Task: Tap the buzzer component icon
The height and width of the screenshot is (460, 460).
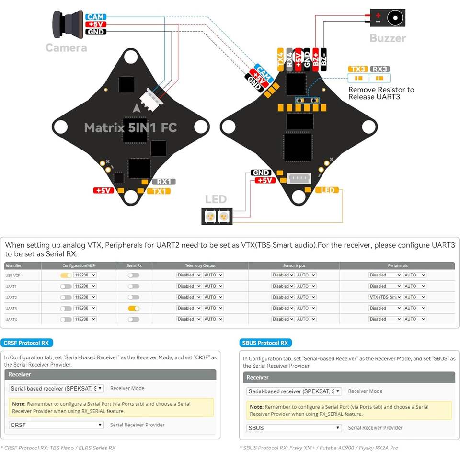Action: pos(387,18)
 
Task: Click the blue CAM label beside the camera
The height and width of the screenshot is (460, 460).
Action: pos(96,17)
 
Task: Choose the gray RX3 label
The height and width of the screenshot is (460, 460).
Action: pos(380,69)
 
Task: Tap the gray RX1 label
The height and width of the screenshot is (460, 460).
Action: pos(163,182)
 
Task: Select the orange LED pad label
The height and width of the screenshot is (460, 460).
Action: pos(328,190)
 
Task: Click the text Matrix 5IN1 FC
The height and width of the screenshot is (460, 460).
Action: pos(130,127)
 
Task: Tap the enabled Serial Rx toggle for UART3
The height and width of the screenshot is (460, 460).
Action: pos(134,308)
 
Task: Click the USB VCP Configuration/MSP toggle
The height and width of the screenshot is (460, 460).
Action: pos(66,275)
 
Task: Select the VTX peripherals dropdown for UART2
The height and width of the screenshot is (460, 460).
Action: pos(385,297)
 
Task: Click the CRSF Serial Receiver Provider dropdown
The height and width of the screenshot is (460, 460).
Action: pos(56,425)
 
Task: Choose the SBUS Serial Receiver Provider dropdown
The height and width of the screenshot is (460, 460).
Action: pos(294,428)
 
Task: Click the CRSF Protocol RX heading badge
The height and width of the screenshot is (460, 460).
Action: pos(26,343)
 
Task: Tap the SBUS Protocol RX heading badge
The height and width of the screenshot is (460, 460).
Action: pos(265,343)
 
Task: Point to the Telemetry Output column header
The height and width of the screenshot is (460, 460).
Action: pos(200,265)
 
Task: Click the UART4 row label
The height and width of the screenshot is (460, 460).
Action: pos(11,319)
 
